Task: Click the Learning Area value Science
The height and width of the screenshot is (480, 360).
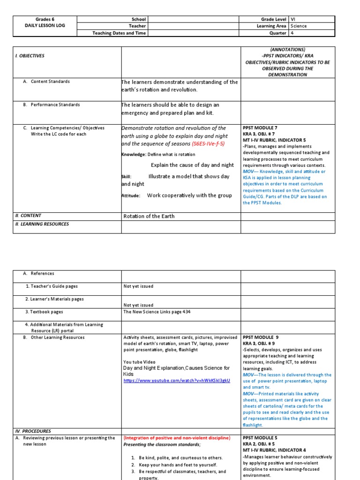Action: pyautogui.click(x=299, y=26)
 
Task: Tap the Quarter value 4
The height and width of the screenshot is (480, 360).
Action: pyautogui.click(x=292, y=33)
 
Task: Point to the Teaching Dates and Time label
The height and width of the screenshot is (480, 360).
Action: pyautogui.click(x=119, y=33)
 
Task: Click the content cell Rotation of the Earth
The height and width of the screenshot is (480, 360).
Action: pyautogui.click(x=149, y=216)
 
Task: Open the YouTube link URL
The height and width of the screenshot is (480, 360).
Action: pyautogui.click(x=177, y=381)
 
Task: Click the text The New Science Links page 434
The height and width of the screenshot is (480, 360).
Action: pyautogui.click(x=157, y=312)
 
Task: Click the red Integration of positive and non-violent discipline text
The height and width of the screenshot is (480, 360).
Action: pyautogui.click(x=177, y=438)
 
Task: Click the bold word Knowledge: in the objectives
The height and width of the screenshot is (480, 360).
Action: pyautogui.click(x=134, y=154)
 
